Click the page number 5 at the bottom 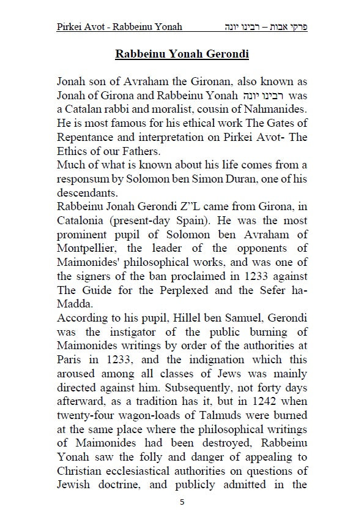coord(182,502)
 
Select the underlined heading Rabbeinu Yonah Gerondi coord(182,53)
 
